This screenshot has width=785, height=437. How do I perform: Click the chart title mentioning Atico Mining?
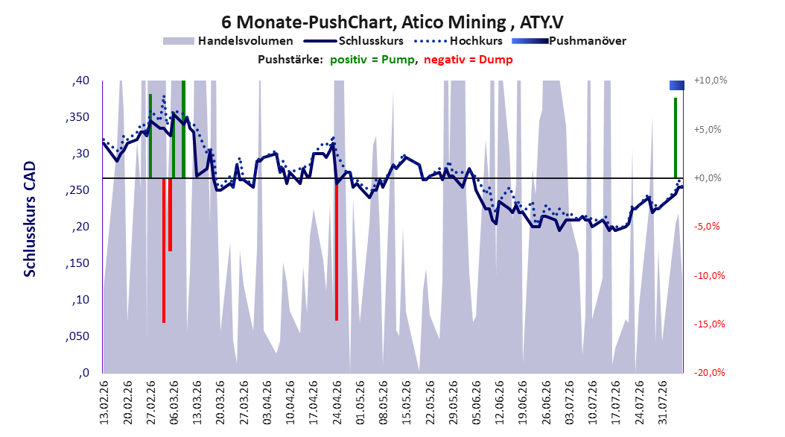click(x=392, y=22)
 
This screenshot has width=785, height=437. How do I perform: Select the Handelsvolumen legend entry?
click(x=228, y=41)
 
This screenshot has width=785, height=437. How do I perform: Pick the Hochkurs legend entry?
click(x=458, y=41)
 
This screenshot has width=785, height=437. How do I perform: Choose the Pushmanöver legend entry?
click(x=569, y=41)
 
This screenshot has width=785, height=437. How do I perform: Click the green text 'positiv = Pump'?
click(x=372, y=60)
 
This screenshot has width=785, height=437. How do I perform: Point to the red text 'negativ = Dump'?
click(x=468, y=60)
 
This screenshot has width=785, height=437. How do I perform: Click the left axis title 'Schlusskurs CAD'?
click(x=30, y=218)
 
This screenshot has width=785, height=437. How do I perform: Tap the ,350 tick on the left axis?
click(x=77, y=117)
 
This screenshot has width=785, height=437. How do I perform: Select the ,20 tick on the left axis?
click(x=80, y=227)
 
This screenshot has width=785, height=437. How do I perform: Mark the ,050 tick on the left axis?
click(x=77, y=336)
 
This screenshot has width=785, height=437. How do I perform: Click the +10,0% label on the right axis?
click(x=711, y=81)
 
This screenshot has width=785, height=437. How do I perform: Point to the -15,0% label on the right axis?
click(x=709, y=324)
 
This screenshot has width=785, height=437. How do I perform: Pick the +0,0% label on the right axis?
click(x=708, y=178)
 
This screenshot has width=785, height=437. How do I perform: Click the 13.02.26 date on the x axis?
click(x=104, y=403)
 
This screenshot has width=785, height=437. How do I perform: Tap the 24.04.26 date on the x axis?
click(x=337, y=403)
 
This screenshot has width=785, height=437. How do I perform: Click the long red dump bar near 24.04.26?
click(x=337, y=249)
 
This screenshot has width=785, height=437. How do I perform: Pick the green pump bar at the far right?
click(x=676, y=138)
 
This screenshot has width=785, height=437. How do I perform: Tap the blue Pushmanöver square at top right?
click(x=677, y=85)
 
